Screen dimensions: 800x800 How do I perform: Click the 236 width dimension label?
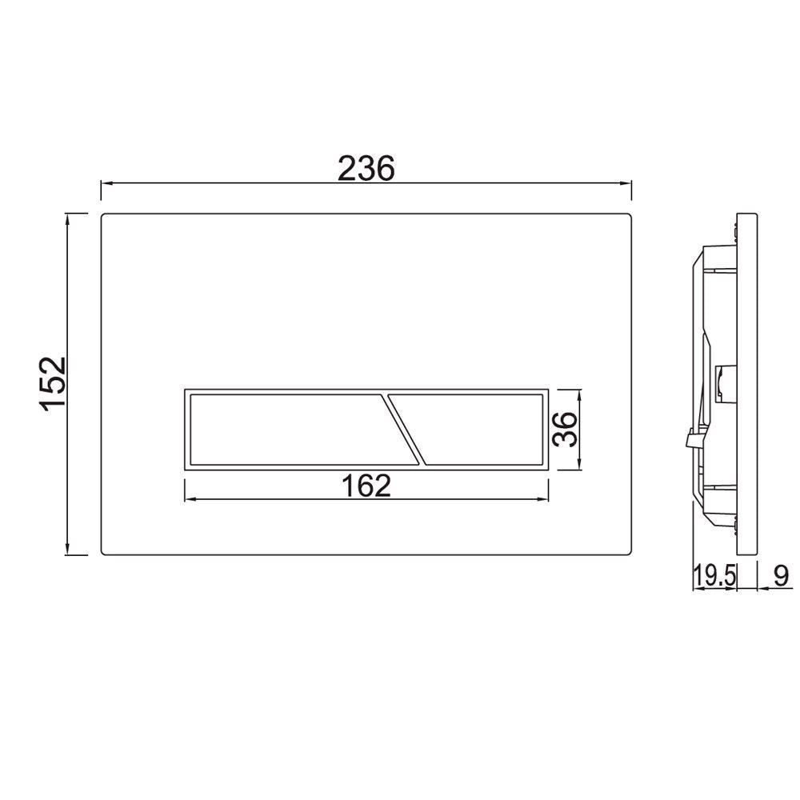point(366,168)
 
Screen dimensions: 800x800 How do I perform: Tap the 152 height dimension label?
point(54,384)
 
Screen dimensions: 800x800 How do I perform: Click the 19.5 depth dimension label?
point(714,575)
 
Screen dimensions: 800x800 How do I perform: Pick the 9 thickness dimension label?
point(781,575)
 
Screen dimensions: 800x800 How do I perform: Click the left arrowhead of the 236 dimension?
point(105,183)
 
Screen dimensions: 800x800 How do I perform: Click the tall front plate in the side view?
point(746,384)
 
